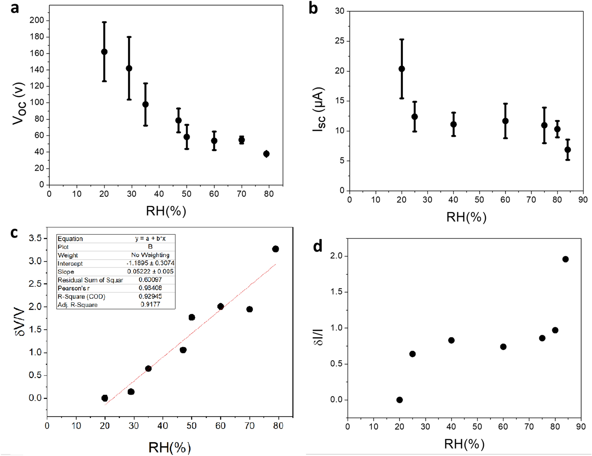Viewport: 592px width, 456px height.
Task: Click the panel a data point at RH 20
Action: point(104,52)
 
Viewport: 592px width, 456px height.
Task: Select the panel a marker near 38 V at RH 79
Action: point(266,154)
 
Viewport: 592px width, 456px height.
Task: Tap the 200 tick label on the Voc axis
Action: point(37,20)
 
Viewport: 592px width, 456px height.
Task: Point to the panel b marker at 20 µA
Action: point(402,69)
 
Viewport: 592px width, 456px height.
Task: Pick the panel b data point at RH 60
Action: point(505,121)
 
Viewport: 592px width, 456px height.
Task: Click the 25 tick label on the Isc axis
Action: point(340,41)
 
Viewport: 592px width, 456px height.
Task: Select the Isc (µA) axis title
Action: point(319,109)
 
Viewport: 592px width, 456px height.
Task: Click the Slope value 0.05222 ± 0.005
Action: point(150,271)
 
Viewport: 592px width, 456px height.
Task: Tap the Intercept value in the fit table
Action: point(150,263)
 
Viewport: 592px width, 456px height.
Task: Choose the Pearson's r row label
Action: point(73,288)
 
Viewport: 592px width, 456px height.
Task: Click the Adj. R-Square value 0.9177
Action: point(150,304)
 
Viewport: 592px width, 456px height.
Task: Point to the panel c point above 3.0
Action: point(275,249)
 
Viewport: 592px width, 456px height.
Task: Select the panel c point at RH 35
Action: point(148,368)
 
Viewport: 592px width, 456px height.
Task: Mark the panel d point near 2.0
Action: point(565,259)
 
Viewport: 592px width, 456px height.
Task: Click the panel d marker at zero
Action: point(399,400)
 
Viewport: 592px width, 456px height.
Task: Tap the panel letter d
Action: point(317,246)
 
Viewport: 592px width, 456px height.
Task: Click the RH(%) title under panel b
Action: point(466,217)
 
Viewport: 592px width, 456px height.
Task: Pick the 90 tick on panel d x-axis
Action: point(581,427)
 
